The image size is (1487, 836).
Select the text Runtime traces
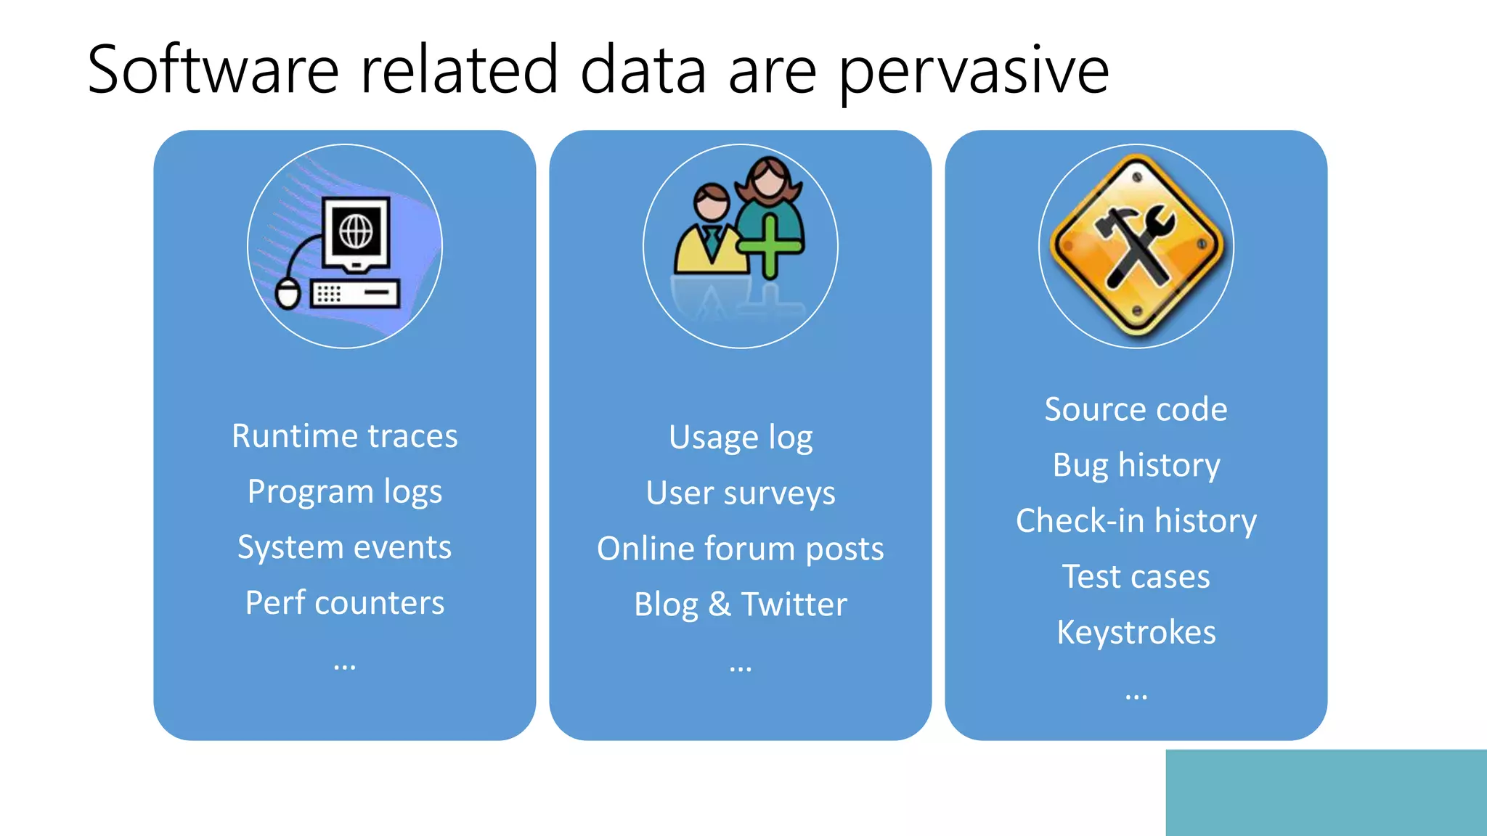(344, 436)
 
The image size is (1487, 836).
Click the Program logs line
(344, 492)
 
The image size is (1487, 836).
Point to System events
(344, 547)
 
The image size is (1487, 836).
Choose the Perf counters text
(344, 603)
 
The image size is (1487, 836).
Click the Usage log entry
(740, 438)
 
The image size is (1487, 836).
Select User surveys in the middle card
(740, 493)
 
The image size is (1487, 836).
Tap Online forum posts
(740, 549)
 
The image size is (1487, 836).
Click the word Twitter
(794, 605)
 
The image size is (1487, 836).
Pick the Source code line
(1136, 409)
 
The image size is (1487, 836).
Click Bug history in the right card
(1136, 465)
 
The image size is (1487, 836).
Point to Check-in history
(1136, 521)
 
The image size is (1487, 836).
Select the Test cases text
(1136, 577)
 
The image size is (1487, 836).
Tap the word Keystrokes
(1136, 632)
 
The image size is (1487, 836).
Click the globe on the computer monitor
(356, 232)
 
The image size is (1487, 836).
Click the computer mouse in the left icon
(288, 294)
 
